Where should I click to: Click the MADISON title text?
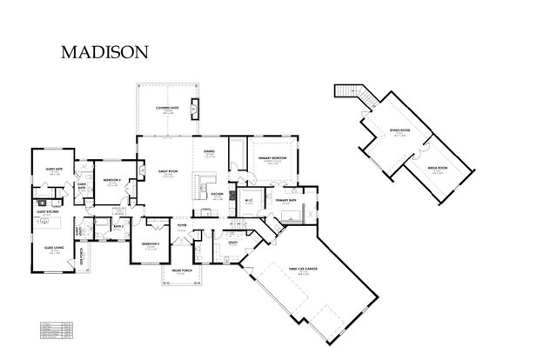coord(104,52)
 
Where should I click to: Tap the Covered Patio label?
coord(168,108)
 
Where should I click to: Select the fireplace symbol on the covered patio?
coord(193,108)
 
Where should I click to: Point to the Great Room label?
coord(167,171)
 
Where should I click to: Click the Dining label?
coord(210,152)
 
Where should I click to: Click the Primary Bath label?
coord(287,200)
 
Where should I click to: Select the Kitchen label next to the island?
coord(218,194)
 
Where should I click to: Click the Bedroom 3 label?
coord(150,244)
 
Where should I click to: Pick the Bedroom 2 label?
coord(111,180)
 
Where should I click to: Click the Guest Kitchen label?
coord(47,212)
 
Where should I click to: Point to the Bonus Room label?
coord(399,131)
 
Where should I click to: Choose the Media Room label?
coord(437,167)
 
